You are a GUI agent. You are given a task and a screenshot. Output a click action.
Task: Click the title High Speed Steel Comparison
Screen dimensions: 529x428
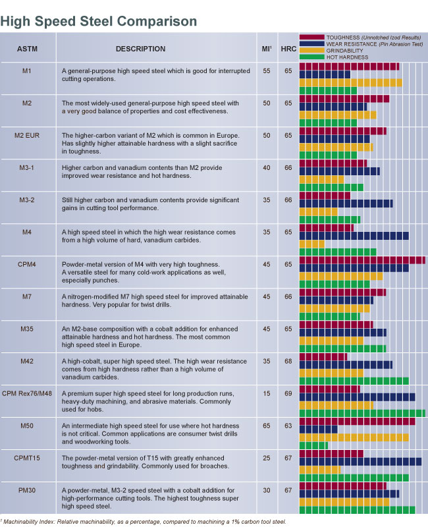click(99, 21)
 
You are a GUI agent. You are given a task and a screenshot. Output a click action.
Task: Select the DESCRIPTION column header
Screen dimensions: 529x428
click(140, 49)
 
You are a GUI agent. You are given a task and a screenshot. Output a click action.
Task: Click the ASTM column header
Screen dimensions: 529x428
click(27, 49)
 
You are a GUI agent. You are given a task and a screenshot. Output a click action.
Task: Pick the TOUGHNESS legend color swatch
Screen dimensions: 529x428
click(312, 38)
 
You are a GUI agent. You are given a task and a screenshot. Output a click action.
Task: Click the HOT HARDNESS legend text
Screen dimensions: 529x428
click(349, 58)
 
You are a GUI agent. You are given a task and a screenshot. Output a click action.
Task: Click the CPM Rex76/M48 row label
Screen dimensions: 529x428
click(27, 393)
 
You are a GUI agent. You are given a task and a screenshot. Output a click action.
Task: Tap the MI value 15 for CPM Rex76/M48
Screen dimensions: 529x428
click(267, 393)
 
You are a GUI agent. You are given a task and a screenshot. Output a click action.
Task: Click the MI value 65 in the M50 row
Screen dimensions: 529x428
click(267, 426)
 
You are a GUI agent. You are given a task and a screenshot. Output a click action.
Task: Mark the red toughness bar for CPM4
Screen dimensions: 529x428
click(362, 260)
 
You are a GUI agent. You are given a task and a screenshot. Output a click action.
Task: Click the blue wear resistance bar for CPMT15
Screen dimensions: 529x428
click(360, 462)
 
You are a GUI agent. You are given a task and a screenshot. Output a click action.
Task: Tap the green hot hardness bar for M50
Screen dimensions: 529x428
click(313, 445)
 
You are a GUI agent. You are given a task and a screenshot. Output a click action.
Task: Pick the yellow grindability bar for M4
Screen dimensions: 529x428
click(312, 244)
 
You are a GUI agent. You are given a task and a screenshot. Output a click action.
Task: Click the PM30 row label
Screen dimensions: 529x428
click(27, 490)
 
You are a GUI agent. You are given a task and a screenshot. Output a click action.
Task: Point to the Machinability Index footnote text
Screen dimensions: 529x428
click(145, 522)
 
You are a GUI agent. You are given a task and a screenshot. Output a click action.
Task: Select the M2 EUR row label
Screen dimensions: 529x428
click(27, 135)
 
